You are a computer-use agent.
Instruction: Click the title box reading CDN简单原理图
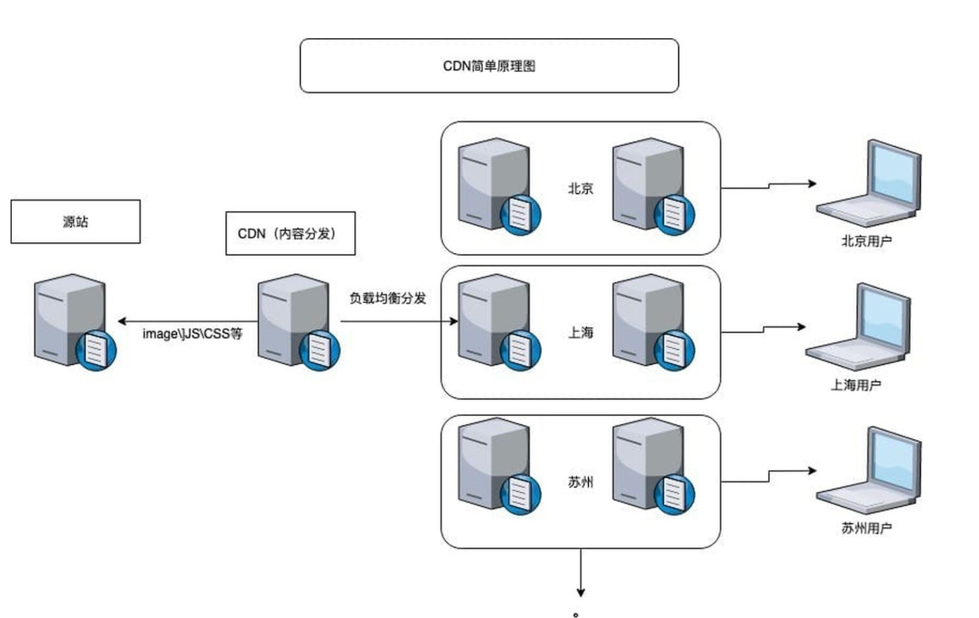click(489, 65)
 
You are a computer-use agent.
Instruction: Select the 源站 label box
click(75, 221)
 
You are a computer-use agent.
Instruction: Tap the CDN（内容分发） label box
click(291, 233)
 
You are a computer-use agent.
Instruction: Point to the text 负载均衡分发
click(388, 298)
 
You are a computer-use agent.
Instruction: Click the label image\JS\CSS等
click(192, 333)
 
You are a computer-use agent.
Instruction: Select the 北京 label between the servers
click(581, 188)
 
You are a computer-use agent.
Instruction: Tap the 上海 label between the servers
click(581, 332)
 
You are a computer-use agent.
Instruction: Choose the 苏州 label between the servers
click(581, 482)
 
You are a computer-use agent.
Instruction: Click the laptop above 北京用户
click(869, 184)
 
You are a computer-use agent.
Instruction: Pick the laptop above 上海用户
click(858, 327)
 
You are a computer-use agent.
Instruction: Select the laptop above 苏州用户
click(869, 470)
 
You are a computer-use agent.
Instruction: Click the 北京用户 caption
click(867, 240)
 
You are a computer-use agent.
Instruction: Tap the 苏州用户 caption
click(867, 528)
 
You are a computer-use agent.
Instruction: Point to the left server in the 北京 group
click(499, 186)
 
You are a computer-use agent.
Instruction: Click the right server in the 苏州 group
click(654, 466)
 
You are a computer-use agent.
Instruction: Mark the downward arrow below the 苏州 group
click(581, 572)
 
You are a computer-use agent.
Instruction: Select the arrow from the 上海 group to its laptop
click(763, 329)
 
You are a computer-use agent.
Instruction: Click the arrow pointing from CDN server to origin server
click(188, 322)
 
